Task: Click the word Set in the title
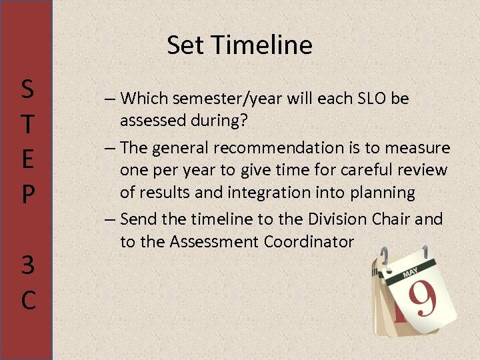pos(181,45)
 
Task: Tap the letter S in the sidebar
pos(27,88)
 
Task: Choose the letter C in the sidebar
pos(27,300)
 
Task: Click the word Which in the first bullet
pos(145,99)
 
